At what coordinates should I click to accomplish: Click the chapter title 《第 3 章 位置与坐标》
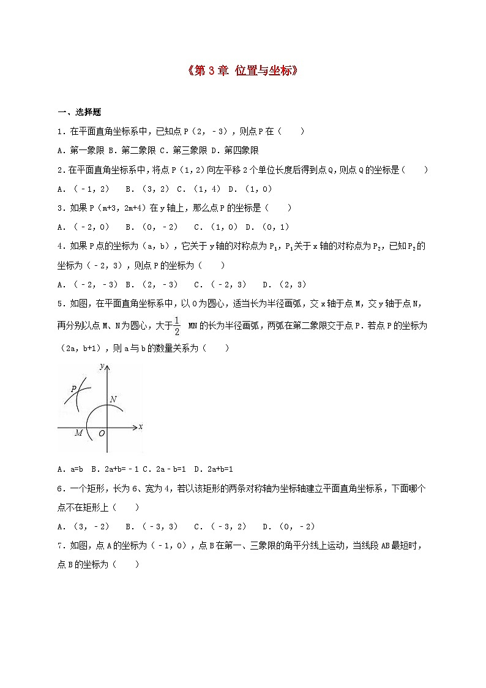tap(242, 70)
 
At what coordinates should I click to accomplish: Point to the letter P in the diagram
tap(73, 388)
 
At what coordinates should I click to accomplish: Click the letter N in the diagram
tap(113, 399)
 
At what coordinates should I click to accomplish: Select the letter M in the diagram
tap(78, 433)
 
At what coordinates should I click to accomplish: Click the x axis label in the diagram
tap(140, 426)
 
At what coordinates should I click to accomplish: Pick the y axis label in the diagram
tap(100, 366)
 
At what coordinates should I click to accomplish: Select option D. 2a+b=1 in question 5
tap(214, 469)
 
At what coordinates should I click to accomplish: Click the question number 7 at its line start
tap(60, 545)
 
